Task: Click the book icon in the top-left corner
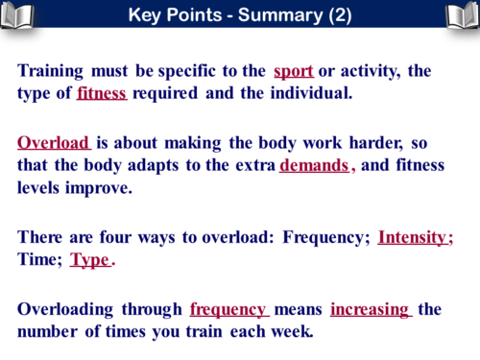tap(17, 14)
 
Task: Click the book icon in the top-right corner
tap(462, 14)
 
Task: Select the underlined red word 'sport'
tap(293, 71)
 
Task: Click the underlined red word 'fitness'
tap(102, 93)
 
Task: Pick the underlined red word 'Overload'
tap(52, 143)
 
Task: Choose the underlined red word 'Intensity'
tap(413, 236)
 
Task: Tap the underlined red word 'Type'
tap(90, 259)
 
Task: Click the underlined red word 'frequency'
tap(228, 309)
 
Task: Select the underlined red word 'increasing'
tap(370, 309)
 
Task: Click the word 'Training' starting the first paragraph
tap(50, 71)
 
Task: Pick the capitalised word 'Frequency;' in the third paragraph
tap(327, 236)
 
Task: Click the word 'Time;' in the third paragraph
tap(39, 259)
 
